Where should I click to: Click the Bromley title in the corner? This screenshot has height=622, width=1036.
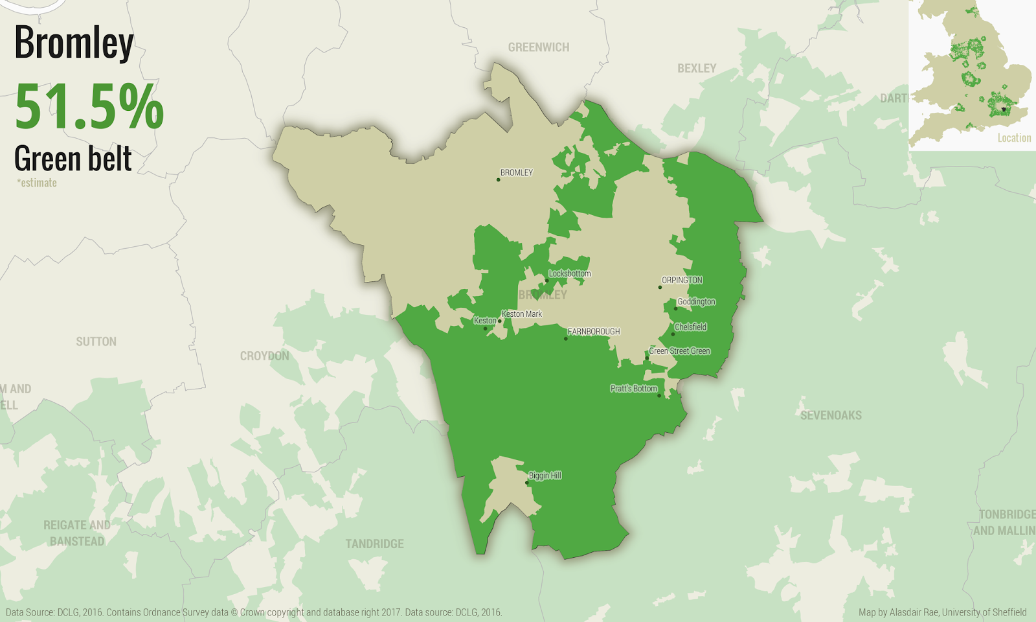coord(74,43)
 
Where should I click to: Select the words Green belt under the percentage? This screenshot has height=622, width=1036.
coord(73,159)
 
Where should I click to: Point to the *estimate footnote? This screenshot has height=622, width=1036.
coord(37,183)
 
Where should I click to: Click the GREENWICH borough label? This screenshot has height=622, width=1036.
coord(538,47)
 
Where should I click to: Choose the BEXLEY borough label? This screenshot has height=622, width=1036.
coord(697,68)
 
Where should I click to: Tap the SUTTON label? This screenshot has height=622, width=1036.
coord(96,341)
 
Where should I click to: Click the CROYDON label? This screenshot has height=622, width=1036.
coord(264,356)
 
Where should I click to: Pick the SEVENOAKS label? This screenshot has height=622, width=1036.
coord(831,415)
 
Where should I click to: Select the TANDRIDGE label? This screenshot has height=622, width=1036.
coord(374,544)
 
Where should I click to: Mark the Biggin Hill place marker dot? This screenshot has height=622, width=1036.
coord(526,483)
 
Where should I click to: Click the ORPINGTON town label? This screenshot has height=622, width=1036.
coord(682,281)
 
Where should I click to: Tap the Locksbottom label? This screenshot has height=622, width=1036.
coord(570,273)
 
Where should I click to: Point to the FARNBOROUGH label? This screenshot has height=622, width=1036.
coord(594,332)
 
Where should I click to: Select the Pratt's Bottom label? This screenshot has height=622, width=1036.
coord(633,389)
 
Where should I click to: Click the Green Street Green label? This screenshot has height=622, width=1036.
coord(679,351)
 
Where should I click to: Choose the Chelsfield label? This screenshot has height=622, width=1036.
coord(690,327)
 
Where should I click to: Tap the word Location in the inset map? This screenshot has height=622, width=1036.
coord(1014,138)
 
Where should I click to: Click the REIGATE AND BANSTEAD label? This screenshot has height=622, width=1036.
coord(76,533)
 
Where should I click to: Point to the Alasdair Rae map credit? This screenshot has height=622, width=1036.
coord(942,612)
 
